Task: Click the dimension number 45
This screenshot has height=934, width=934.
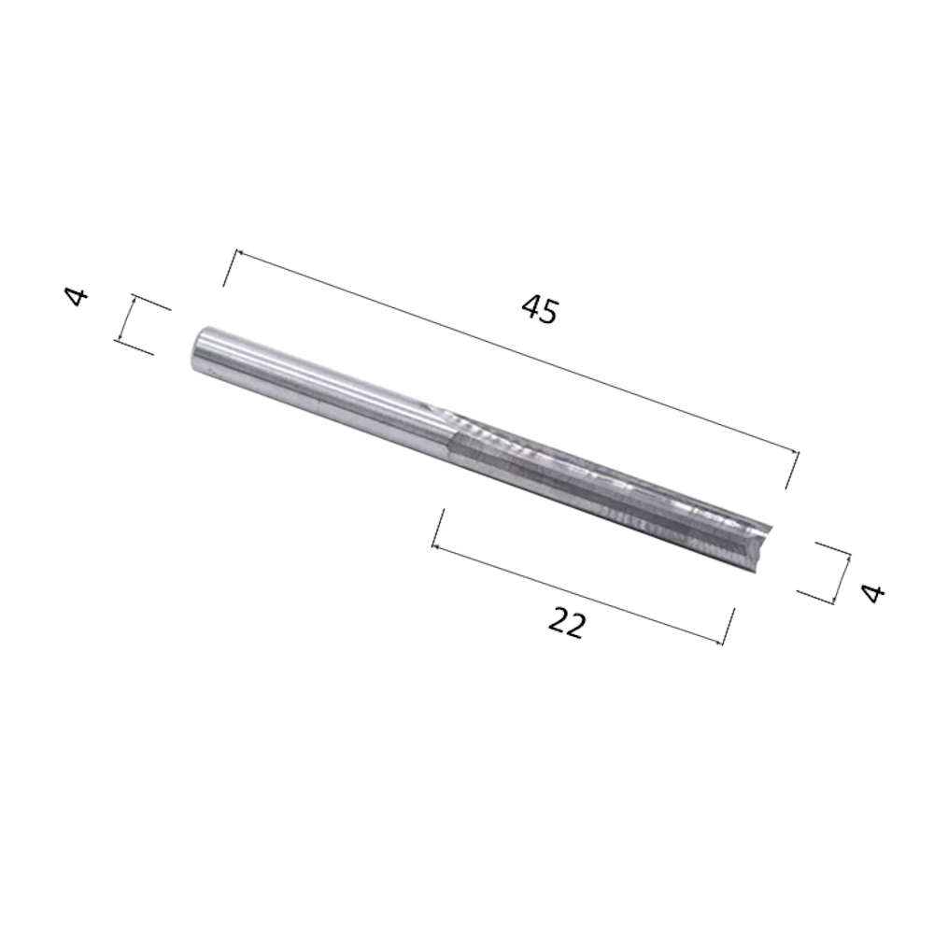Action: [x=540, y=310]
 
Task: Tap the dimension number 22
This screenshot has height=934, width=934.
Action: [x=567, y=622]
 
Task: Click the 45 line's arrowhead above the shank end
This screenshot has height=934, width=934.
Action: [x=239, y=254]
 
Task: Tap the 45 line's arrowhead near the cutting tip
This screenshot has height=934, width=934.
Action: [x=795, y=454]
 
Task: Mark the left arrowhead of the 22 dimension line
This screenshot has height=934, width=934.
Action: [x=436, y=545]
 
